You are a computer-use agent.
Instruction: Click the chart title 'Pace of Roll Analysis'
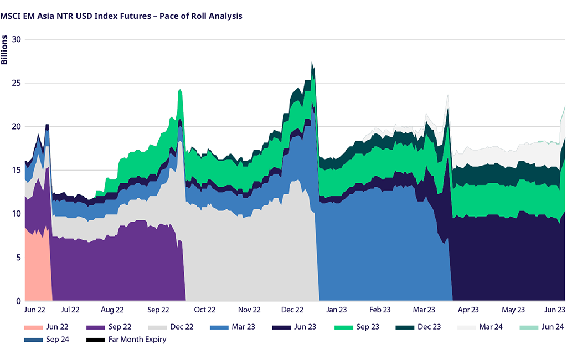click(x=121, y=16)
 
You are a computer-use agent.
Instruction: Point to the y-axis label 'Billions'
click(x=4, y=50)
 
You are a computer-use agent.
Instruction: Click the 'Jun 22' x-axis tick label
click(x=34, y=310)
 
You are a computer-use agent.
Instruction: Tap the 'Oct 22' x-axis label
click(x=204, y=310)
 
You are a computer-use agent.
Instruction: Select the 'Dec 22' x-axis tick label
click(x=292, y=310)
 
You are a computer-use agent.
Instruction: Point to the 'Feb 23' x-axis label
click(x=380, y=310)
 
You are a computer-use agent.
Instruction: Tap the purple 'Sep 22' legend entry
click(x=110, y=327)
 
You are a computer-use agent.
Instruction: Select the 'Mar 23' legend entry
click(x=233, y=327)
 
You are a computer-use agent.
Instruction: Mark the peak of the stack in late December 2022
click(x=312, y=63)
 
